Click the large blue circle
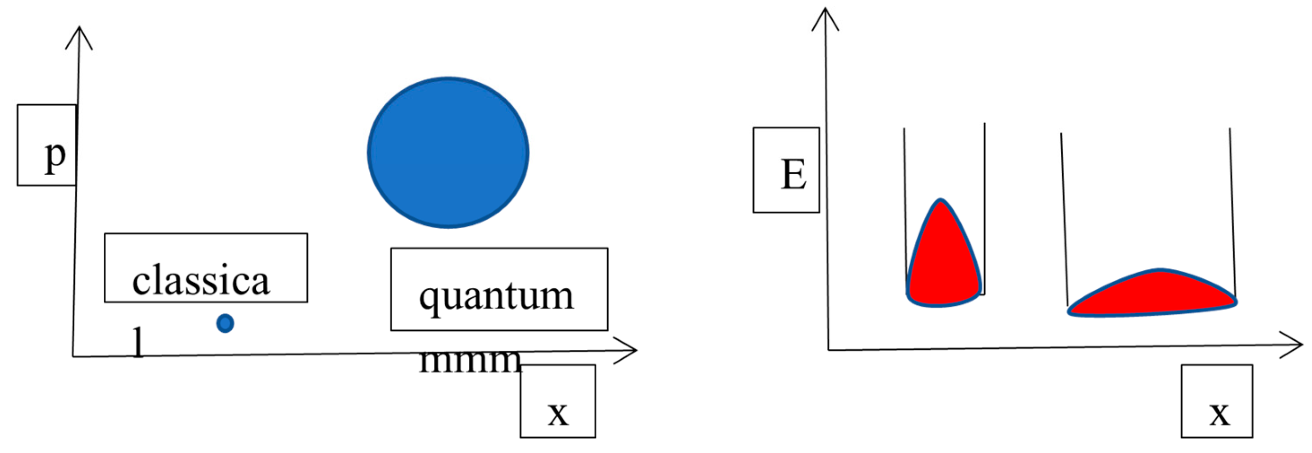click(x=448, y=153)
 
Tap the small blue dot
click(x=225, y=323)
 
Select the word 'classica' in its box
click(x=201, y=281)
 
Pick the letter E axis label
click(x=793, y=174)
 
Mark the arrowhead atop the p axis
click(x=79, y=36)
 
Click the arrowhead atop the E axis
click(x=825, y=18)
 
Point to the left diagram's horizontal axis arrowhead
click(x=630, y=350)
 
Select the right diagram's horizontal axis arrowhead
click(x=1293, y=345)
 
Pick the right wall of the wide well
click(x=1232, y=204)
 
